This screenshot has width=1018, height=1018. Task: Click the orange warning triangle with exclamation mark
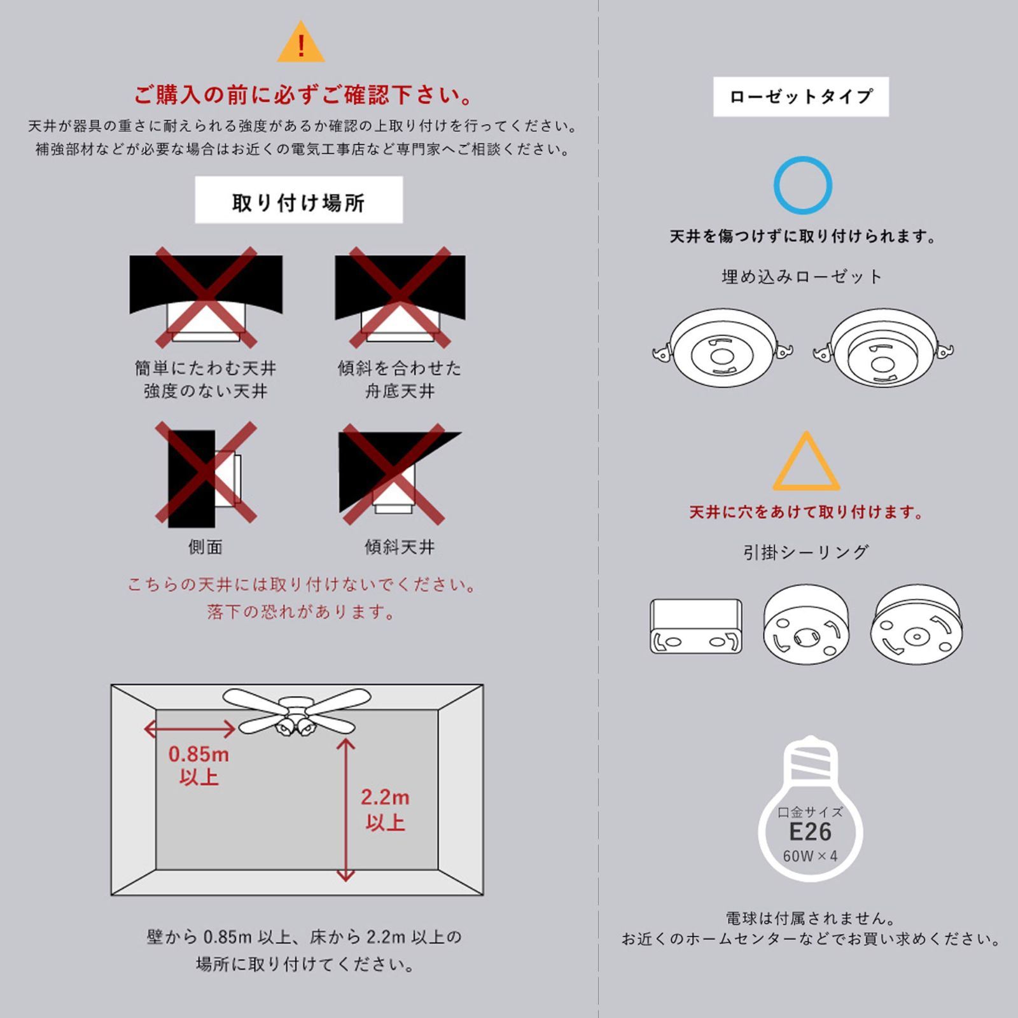pyautogui.click(x=300, y=43)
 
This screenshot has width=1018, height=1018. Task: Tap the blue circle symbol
pyautogui.click(x=802, y=185)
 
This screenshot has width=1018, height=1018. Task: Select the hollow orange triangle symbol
pyautogui.click(x=805, y=463)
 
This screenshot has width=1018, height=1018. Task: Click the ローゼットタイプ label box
pyautogui.click(x=800, y=97)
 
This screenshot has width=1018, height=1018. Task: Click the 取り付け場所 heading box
pyautogui.click(x=298, y=200)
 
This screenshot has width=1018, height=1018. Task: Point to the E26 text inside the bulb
pyautogui.click(x=810, y=832)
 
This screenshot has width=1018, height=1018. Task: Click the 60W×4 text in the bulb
pyautogui.click(x=810, y=856)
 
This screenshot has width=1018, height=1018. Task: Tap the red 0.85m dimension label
pyautogui.click(x=199, y=755)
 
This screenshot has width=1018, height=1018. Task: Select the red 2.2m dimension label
pyautogui.click(x=385, y=797)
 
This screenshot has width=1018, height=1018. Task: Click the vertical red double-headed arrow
pyautogui.click(x=345, y=809)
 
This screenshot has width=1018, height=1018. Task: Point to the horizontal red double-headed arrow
pyautogui.click(x=190, y=729)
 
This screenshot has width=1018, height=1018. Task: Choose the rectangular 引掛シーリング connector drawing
pyautogui.click(x=696, y=626)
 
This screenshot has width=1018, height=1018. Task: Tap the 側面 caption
pyautogui.click(x=205, y=547)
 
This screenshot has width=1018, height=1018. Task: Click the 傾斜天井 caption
pyautogui.click(x=400, y=547)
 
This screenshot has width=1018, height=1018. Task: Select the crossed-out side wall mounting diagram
pyautogui.click(x=205, y=474)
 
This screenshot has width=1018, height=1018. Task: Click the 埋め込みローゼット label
pyautogui.click(x=802, y=277)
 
